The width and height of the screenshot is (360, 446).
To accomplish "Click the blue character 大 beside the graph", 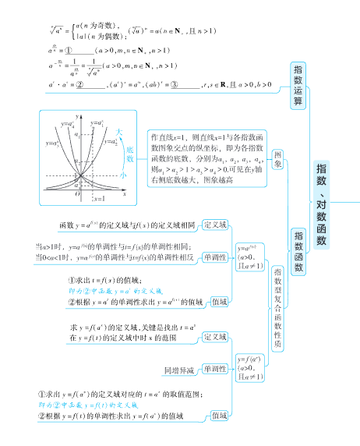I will pos(119,132).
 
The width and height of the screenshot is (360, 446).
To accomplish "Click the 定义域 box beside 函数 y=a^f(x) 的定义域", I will pos(216,225).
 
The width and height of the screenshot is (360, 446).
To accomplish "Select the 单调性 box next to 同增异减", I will pos(216,369).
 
